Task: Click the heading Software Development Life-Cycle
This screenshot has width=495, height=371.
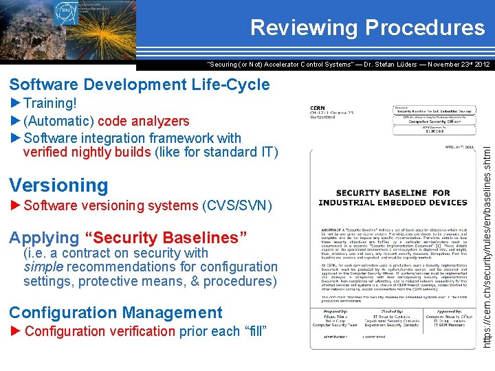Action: tap(140, 85)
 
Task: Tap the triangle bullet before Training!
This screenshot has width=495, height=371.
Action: tap(16, 104)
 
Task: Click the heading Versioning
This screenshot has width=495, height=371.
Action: tap(58, 185)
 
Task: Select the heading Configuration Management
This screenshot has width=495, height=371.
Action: tap(115, 313)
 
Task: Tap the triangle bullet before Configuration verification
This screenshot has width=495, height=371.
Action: tap(16, 331)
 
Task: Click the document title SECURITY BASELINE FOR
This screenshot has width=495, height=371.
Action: tap(393, 193)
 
